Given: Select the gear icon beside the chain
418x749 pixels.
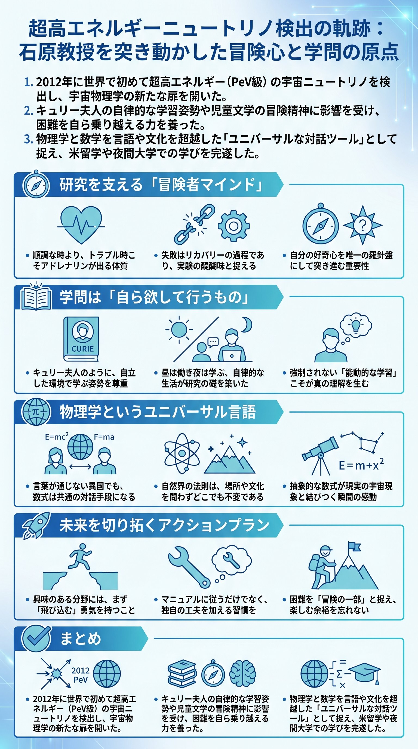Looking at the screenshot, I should point(233,226).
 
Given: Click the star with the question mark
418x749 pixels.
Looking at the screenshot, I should point(362,225).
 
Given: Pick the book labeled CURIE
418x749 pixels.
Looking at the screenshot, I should point(81,339).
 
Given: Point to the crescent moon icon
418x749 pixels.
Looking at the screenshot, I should point(247,324).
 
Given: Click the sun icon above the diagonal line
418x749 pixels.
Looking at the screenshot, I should point(179,329).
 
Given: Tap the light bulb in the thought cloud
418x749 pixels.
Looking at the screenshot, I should point(356,325).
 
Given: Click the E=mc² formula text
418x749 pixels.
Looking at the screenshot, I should point(57,437).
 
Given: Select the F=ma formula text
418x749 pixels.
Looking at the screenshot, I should point(104,437).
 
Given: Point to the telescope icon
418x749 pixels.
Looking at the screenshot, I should point(320,452).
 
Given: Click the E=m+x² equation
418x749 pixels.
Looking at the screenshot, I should point(361,465).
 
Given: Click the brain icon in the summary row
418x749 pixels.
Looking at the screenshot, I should point(243,673).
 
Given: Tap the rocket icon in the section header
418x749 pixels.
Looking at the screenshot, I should point(36,525).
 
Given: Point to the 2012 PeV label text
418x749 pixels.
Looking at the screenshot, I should point(80,675).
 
